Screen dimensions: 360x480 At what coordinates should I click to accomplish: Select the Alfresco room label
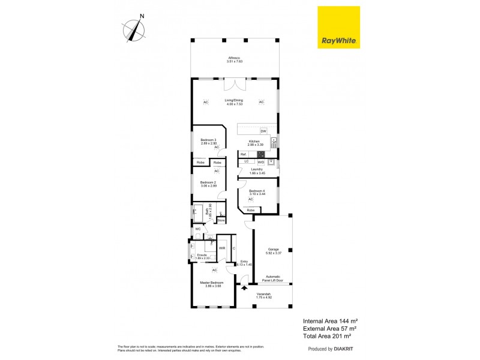pos(235,59)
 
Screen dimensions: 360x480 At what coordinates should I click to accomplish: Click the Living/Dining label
pos(234,102)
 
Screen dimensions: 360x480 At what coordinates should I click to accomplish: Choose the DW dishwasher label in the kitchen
pos(263,131)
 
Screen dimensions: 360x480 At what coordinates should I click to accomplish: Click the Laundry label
pos(257,171)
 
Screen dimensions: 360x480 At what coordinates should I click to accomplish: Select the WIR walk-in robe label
pos(221,248)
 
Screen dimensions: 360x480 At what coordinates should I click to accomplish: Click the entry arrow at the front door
pos(244,288)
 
